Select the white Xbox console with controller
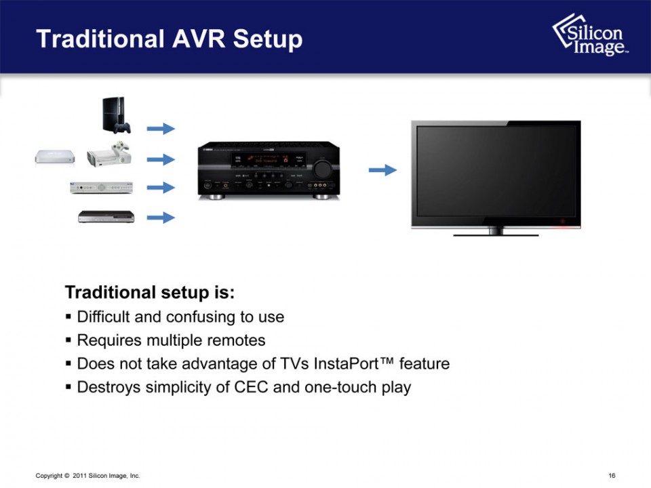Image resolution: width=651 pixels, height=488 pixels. point(108,155)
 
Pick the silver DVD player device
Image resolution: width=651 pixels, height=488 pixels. point(102,187)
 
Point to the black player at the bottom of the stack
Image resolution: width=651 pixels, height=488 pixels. point(106,217)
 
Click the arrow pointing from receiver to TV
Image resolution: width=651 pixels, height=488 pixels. point(382,170)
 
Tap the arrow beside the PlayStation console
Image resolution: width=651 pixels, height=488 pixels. point(161,129)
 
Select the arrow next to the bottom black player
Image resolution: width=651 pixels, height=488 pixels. point(161,218)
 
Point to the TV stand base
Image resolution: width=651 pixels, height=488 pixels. point(495,232)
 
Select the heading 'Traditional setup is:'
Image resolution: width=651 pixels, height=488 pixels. point(150,293)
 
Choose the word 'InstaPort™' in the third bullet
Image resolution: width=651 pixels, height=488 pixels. point(355,364)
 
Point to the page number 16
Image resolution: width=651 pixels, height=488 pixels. point(612,476)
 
